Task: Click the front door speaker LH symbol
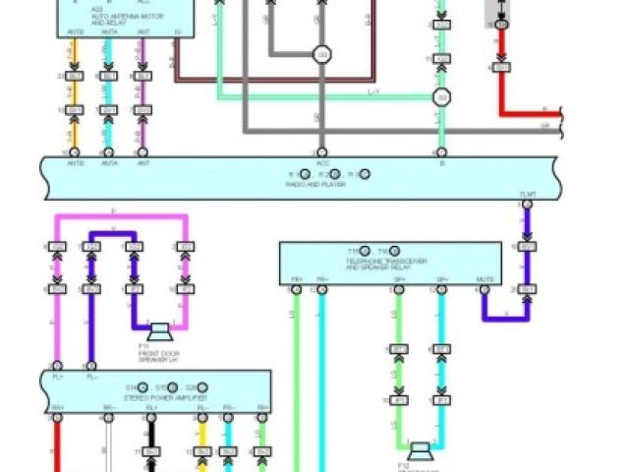click(x=154, y=327)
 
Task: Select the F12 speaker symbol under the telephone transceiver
click(x=421, y=451)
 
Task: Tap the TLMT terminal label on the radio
click(x=528, y=195)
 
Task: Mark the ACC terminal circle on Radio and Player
click(x=321, y=152)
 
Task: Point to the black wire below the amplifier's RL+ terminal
click(x=151, y=447)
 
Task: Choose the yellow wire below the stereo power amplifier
click(x=202, y=442)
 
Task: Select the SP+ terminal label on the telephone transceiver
click(x=399, y=280)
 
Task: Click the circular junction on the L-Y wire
click(x=441, y=97)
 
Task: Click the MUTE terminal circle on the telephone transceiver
click(x=485, y=291)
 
